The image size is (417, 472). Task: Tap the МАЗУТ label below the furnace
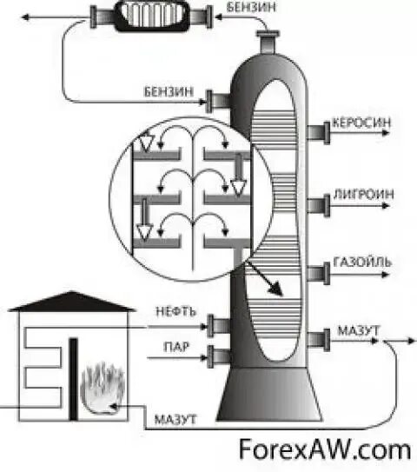tap(176, 419)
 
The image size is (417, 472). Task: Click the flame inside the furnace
tap(103, 388)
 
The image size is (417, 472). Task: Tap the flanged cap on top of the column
tap(269, 40)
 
